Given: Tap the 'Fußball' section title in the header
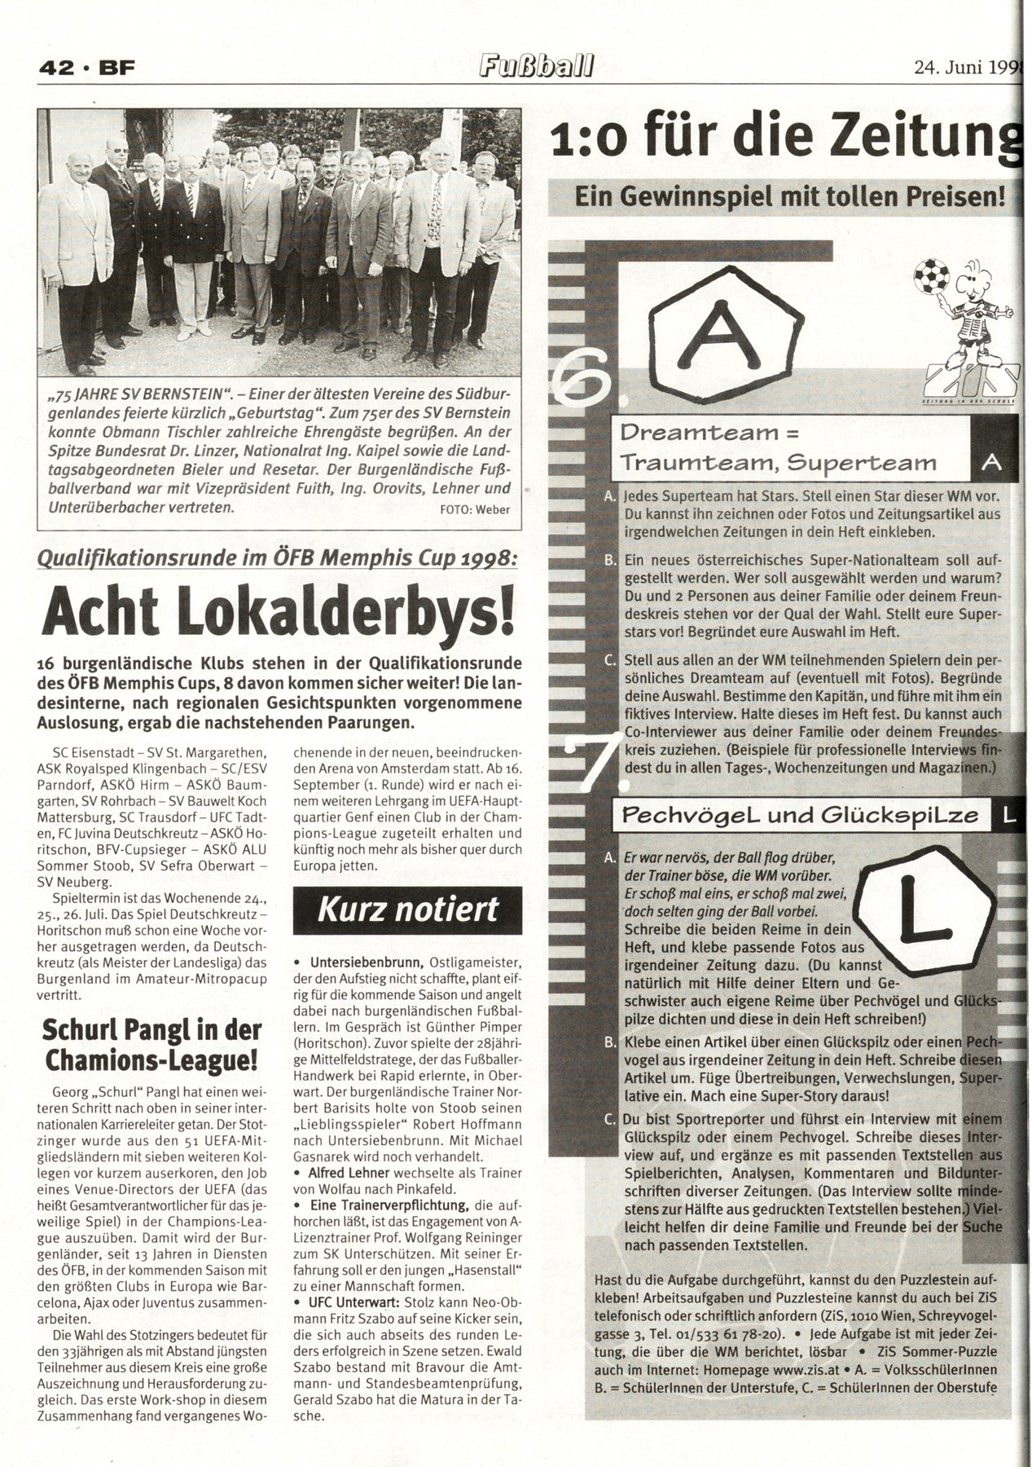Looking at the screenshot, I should click(534, 67).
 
